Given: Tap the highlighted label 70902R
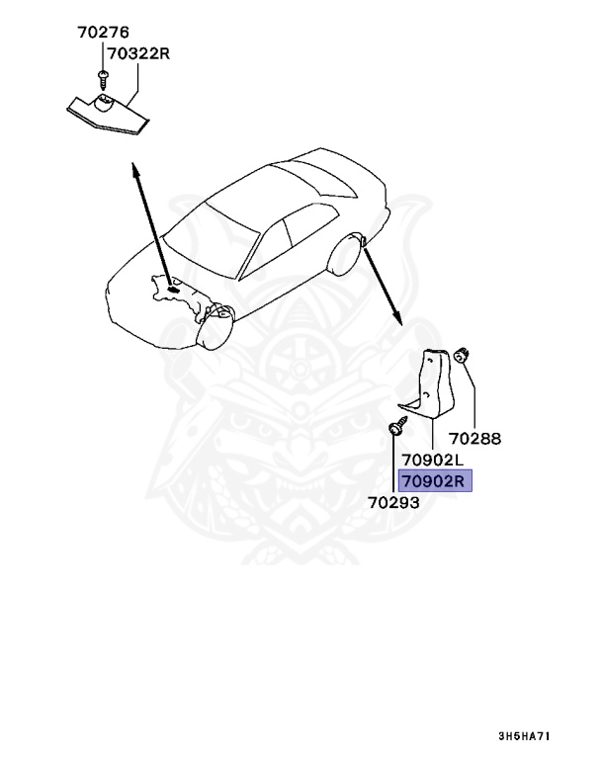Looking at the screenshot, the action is pyautogui.click(x=435, y=481).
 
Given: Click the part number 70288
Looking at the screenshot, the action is pyautogui.click(x=474, y=439).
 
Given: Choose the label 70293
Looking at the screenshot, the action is pyautogui.click(x=394, y=502).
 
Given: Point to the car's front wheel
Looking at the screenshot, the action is pyautogui.click(x=215, y=328).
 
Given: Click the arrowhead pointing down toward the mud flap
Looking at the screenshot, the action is pyautogui.click(x=397, y=319).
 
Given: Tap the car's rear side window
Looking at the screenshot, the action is pyautogui.click(x=299, y=234).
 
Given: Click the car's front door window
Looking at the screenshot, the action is pyautogui.click(x=262, y=247).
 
